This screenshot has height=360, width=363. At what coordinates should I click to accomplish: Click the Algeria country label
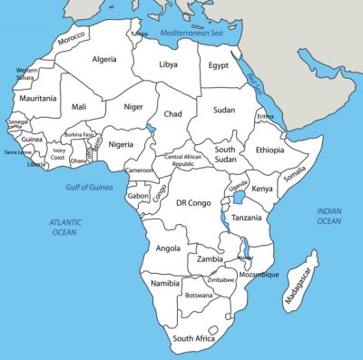coord(105,59)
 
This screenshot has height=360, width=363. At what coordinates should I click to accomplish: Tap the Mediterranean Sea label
coord(191,33)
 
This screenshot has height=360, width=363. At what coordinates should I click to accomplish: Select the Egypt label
coord(219,65)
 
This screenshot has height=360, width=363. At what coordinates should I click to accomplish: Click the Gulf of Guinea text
coord(89,187)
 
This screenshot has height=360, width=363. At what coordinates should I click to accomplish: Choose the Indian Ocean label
coord(329,216)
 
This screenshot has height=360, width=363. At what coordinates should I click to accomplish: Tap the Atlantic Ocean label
coord(64,227)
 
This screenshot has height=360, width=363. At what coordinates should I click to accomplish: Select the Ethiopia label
coord(269,150)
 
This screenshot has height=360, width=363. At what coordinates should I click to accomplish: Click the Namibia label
coord(165,284)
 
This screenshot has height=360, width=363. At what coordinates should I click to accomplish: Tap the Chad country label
coord(172,114)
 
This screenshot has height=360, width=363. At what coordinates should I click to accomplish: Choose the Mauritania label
coord(38,98)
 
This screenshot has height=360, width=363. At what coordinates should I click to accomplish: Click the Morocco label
coord(71,39)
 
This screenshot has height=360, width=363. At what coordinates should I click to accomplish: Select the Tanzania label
coord(247,218)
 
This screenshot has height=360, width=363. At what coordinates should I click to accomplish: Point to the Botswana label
coord(199,296)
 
